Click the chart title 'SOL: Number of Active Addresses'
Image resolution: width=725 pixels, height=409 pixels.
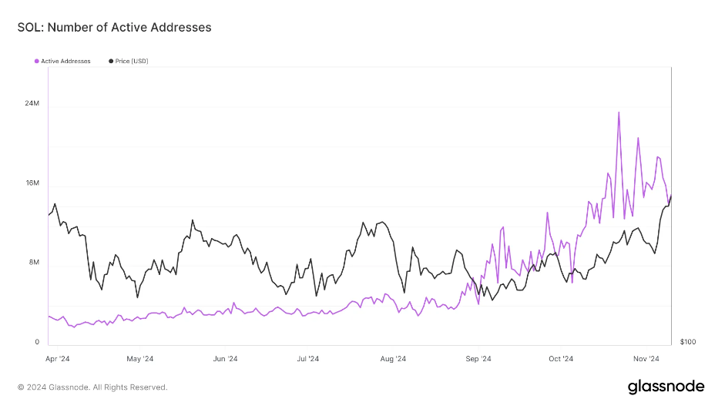114,27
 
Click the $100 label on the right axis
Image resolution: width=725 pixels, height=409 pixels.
688,342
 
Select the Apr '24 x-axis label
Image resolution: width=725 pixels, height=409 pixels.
58,359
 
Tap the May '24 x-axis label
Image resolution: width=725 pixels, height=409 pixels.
139,359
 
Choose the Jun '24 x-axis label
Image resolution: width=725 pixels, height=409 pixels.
224,359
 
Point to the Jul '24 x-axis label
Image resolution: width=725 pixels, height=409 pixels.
307,359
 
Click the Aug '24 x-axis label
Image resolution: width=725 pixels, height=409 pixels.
393,359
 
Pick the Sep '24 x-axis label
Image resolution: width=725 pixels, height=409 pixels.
478,359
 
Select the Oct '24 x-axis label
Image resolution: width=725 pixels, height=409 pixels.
561,359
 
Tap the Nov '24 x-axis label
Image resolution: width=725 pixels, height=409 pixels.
646,359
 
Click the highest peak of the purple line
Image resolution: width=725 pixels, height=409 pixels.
619,112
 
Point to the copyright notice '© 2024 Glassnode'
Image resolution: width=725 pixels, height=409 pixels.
92,387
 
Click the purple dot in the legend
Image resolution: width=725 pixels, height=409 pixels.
36,61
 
